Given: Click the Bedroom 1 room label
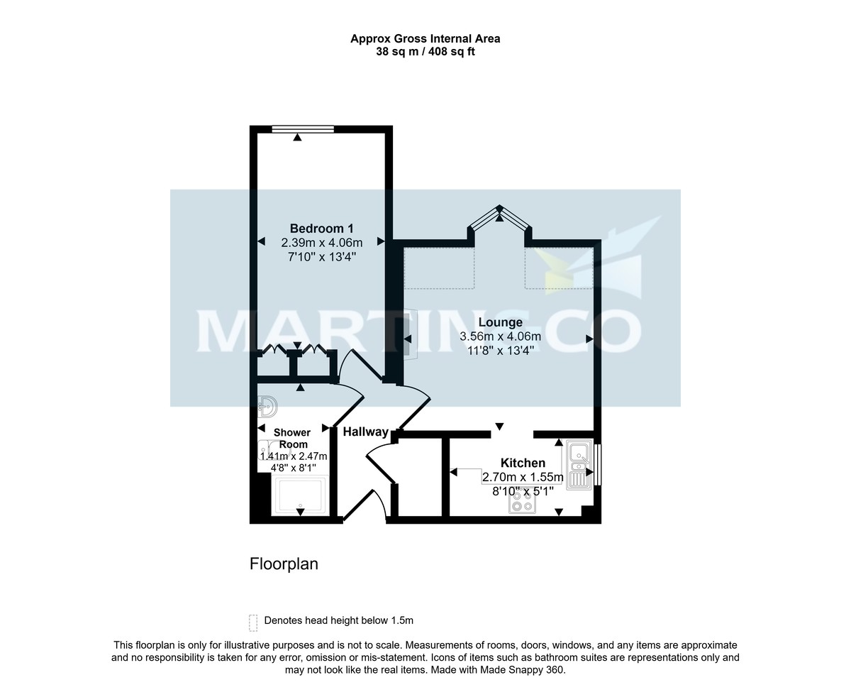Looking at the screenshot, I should coord(322,229).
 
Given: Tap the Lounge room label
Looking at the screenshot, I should coord(500,323).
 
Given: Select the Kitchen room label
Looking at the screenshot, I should coord(523,463).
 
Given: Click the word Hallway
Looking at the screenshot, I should coord(365,432).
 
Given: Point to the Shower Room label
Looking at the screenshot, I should coord(292,438).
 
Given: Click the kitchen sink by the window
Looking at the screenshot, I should coord(580,462).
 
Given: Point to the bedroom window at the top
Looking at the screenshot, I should coord(303,128).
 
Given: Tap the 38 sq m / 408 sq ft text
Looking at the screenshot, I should coord(425,52).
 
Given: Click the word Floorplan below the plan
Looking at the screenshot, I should coord(284,564).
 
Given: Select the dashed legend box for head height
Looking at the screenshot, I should coord(253,622).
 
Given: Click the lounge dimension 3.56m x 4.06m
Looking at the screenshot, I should coord(500,336).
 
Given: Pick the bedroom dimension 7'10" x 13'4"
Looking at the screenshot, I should coord(322,256).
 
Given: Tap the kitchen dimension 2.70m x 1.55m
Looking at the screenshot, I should coord(523,477).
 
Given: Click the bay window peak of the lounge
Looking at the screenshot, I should coord(499,209).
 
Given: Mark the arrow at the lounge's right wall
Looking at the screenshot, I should coord(589,339).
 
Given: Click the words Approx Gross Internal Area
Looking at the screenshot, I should coord(425,39).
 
